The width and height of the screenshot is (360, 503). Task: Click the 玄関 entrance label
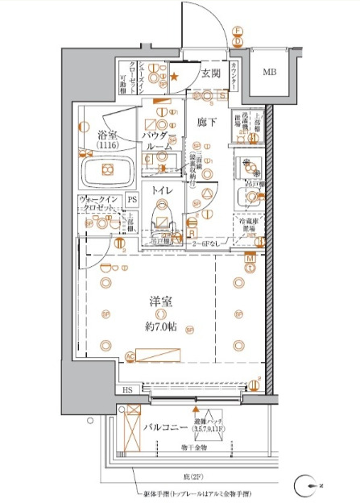tap(211, 73)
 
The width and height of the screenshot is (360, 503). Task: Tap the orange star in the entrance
tap(173, 77)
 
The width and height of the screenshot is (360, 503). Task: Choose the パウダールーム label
tap(159, 141)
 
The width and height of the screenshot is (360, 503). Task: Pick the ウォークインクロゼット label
tap(97, 202)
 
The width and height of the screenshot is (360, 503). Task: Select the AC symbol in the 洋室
tap(130, 355)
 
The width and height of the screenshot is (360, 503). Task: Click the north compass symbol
tap(304, 484)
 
